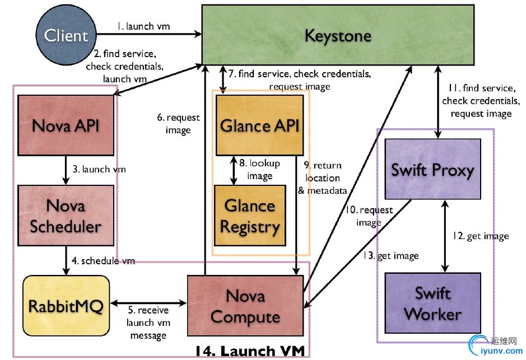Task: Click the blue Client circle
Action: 66,36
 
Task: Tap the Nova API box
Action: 66,125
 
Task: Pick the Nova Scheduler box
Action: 66,216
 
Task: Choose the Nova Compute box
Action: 245,306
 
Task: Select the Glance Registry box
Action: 249,216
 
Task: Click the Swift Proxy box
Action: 432,170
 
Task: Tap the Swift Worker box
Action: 432,303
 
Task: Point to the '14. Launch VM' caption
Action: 250,352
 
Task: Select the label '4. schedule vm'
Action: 103,261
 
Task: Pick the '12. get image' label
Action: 481,236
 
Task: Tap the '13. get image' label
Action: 391,256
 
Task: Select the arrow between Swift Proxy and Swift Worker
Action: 445,236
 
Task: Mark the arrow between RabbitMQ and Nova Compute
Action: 148,303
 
